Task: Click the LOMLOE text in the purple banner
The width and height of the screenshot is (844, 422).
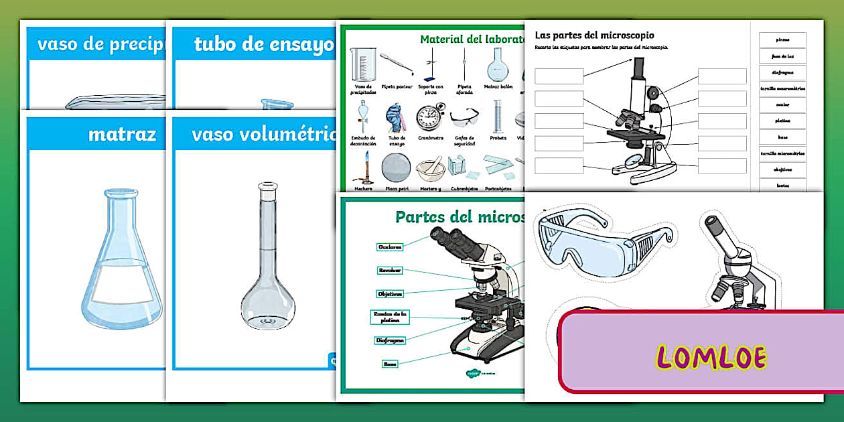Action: coord(711,357)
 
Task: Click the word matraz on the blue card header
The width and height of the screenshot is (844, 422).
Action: coord(121,134)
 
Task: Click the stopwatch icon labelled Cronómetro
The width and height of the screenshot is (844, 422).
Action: coord(429,118)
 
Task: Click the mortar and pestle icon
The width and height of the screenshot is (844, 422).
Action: coord(429,169)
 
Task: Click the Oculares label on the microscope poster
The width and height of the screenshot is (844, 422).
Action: coord(390,247)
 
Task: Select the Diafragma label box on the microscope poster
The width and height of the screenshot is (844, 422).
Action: coord(389,340)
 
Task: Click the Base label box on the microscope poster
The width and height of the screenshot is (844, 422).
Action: coord(390,364)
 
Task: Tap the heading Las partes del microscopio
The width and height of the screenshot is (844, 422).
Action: coord(594,35)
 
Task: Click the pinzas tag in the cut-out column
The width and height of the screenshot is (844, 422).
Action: coord(782,40)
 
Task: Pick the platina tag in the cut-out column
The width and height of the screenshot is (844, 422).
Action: coord(782,121)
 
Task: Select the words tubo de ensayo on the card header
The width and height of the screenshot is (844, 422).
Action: coord(263,45)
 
